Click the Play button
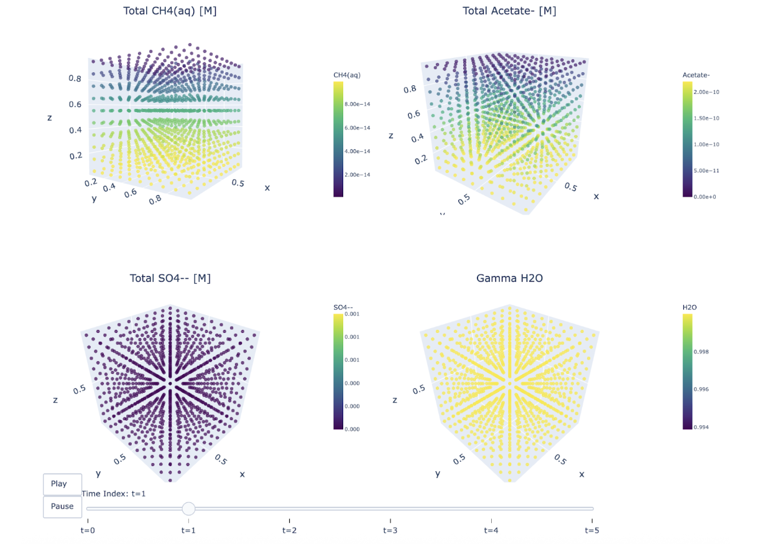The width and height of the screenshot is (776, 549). (62, 484)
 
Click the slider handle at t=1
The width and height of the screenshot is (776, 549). (188, 509)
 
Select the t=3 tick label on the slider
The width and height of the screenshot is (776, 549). (390, 530)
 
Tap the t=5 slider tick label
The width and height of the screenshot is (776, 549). (592, 530)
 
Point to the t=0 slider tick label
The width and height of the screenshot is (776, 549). (88, 530)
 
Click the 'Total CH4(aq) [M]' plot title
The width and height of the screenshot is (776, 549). (170, 11)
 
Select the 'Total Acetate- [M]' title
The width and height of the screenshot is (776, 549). (509, 11)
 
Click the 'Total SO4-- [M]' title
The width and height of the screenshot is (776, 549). (170, 278)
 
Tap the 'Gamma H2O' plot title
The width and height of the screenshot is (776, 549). (509, 278)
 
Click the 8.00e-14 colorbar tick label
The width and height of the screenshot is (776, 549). (358, 104)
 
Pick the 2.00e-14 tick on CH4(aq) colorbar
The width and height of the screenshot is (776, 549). (358, 175)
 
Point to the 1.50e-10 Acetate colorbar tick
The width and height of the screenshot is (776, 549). (706, 118)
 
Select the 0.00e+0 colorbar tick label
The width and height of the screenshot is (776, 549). (706, 197)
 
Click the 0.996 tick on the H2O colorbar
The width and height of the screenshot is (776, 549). (702, 390)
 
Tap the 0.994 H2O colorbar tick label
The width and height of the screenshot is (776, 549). (702, 428)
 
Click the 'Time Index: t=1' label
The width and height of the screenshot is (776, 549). (114, 494)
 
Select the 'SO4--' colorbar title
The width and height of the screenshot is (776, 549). (343, 307)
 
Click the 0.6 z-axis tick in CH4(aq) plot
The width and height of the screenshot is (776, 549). (75, 105)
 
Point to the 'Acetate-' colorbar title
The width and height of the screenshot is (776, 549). (696, 75)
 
